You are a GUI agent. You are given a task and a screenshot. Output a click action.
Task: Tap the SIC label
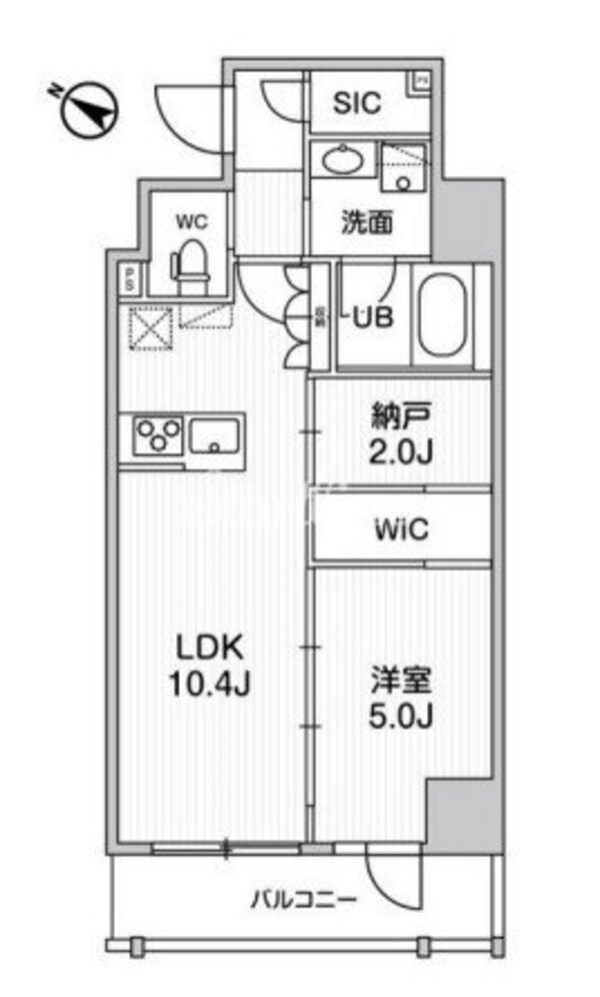click(357, 103)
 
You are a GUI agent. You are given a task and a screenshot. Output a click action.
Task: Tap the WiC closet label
click(402, 529)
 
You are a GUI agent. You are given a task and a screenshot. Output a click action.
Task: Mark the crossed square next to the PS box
click(149, 328)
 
